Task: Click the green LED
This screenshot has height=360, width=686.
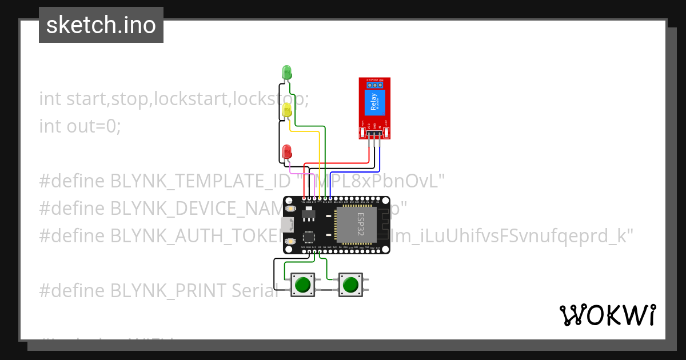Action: tap(287, 72)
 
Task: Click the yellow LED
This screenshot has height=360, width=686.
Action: tap(287, 109)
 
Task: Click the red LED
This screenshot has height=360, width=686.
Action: tap(287, 151)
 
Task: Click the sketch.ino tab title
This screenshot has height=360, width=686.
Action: tap(101, 25)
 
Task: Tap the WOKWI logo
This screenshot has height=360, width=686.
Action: tap(607, 315)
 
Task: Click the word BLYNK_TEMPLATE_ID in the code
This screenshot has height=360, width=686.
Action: tap(201, 181)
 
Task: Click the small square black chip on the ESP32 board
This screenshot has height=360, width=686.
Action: tap(309, 235)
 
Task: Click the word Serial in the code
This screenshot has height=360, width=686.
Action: tap(255, 290)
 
